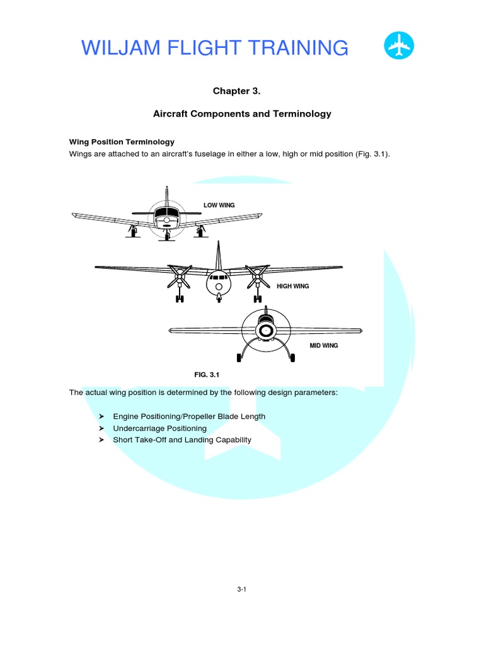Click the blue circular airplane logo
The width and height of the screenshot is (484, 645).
tap(399, 47)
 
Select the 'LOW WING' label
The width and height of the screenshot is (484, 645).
tap(219, 205)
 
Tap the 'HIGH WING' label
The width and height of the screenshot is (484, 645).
tap(293, 286)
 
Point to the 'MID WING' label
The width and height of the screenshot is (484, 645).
tap(323, 345)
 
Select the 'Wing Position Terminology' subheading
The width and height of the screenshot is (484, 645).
tap(122, 142)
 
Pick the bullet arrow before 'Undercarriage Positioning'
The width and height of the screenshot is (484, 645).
tap(101, 428)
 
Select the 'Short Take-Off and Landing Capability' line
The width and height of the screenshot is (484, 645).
tap(181, 440)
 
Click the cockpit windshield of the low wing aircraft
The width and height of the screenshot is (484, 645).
tap(166, 212)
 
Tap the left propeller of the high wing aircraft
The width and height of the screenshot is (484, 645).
tap(180, 275)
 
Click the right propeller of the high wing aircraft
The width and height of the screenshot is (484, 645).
tap(256, 275)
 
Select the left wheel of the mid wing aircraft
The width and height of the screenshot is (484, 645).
tap(239, 358)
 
